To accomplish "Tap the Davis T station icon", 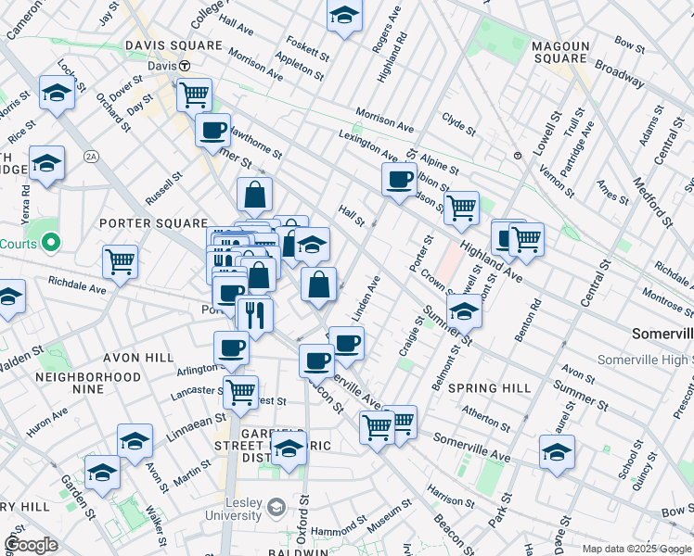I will point(185,66).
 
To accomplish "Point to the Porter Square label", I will point(152,223).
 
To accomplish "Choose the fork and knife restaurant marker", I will point(254,314).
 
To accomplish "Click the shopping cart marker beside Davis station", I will point(194,94).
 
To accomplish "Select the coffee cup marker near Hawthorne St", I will point(212,129).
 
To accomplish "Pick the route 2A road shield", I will point(91,157).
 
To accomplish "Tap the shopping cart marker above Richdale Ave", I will point(120,261).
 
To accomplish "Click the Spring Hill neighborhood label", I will point(491,387).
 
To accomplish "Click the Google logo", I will point(31,544).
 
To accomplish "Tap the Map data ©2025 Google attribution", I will point(636,549).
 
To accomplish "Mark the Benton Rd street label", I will point(533,316).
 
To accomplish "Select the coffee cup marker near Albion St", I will point(399,180).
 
